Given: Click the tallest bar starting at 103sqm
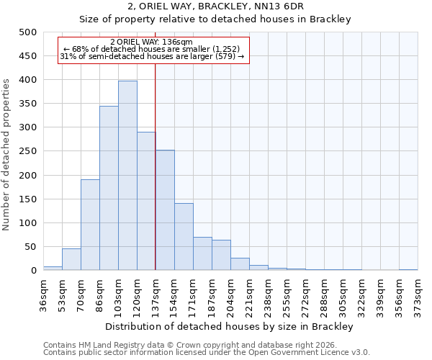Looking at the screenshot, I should click(127, 176).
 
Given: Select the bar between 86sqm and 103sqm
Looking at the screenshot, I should click(109, 188).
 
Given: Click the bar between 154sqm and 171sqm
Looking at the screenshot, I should click(184, 237).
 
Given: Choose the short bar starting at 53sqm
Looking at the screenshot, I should click(71, 259).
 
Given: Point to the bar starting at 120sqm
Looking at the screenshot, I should click(146, 201).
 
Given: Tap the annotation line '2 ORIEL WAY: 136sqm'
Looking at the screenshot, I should click(151, 42).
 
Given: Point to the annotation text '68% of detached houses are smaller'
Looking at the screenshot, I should click(151, 49).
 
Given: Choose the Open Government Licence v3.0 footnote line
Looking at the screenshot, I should click(206, 353).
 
